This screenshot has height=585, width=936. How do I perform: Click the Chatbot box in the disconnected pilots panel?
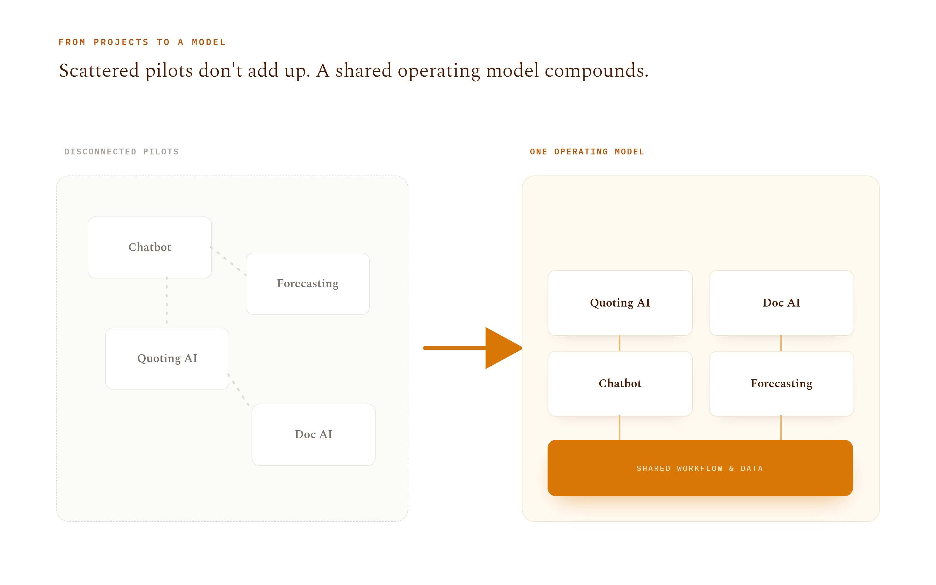pyautogui.click(x=150, y=247)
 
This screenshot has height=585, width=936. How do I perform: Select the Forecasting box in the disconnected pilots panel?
pyautogui.click(x=307, y=284)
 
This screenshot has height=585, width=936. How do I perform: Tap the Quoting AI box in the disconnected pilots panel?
pyautogui.click(x=167, y=359)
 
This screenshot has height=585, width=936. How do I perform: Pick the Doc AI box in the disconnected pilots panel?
pyautogui.click(x=313, y=434)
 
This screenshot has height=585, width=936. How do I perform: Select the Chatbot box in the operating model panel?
pyautogui.click(x=620, y=384)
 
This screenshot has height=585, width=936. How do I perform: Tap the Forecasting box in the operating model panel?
pyautogui.click(x=781, y=384)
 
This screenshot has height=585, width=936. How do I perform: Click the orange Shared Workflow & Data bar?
pyautogui.click(x=700, y=468)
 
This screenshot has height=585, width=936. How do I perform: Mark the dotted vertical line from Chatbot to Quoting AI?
pyautogui.click(x=167, y=300)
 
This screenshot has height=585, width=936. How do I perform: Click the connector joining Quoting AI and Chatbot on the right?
pyautogui.click(x=620, y=343)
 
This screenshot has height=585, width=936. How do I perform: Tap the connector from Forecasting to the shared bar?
pyautogui.click(x=781, y=428)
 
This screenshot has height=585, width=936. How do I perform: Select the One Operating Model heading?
pyautogui.click(x=587, y=152)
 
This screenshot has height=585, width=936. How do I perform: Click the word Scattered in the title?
pyautogui.click(x=99, y=70)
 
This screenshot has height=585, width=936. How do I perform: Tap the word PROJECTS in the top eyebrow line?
pyautogui.click(x=121, y=42)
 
